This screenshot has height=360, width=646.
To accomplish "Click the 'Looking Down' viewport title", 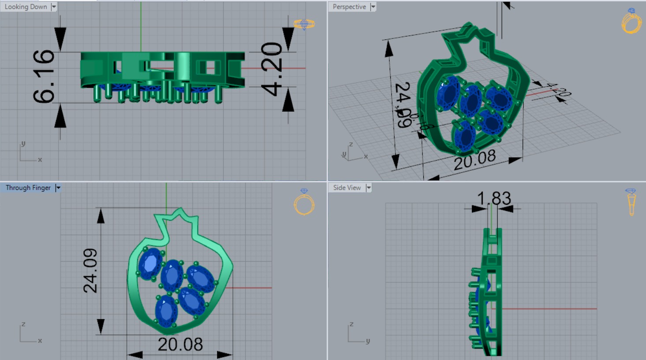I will [x=26, y=7].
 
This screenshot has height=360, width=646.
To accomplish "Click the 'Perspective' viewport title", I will [x=349, y=7].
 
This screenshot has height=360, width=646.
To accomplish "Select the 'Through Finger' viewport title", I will [x=28, y=187].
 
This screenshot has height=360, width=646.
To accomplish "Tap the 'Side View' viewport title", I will [x=347, y=187].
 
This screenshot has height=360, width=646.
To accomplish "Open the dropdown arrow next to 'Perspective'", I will [x=373, y=7].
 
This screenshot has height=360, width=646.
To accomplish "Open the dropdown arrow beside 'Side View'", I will [x=369, y=187].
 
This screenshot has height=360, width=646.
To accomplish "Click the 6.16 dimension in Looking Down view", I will [x=44, y=77].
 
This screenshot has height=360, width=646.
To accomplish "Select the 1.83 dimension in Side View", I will [x=494, y=199].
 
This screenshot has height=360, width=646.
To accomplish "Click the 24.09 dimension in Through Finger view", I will [x=90, y=270].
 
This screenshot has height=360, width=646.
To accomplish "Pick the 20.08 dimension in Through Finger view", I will [x=180, y=345].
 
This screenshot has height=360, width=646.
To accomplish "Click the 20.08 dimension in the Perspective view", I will [x=474, y=160].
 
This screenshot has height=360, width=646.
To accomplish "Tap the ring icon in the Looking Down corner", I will [x=304, y=24].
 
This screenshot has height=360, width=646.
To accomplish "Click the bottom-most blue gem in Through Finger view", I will [x=166, y=311].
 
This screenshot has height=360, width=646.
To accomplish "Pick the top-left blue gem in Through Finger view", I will [x=150, y=263].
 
